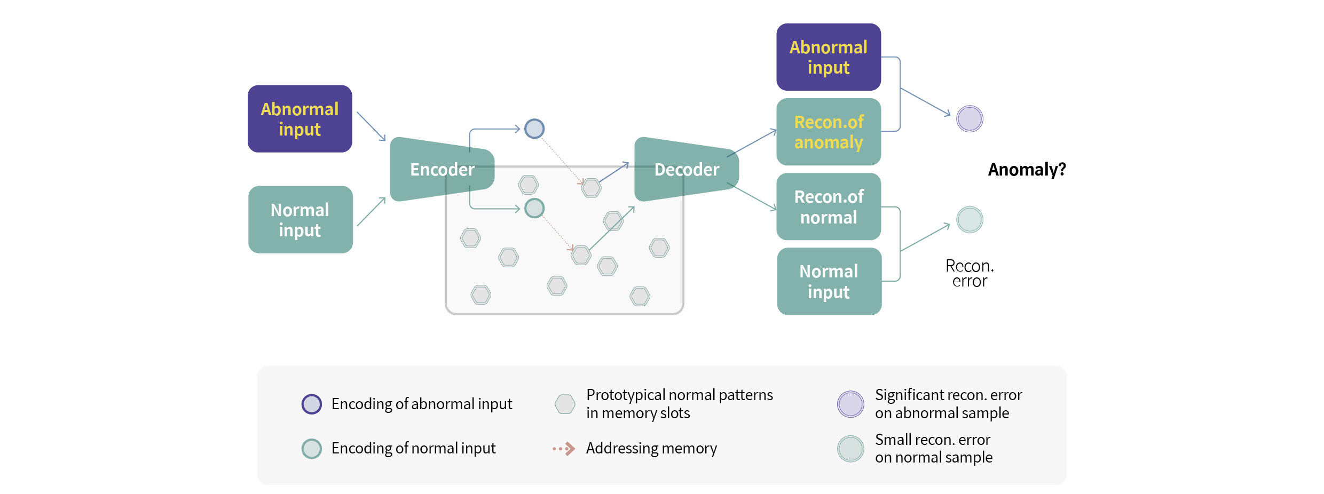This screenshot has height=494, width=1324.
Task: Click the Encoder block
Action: point(442,169)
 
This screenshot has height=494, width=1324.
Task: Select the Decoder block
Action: point(686,169)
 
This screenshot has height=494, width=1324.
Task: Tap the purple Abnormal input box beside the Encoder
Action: point(300,119)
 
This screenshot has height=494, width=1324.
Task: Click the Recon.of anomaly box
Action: point(828,132)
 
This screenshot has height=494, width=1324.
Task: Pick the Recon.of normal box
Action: point(828,206)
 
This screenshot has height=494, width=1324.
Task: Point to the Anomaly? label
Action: point(1026,170)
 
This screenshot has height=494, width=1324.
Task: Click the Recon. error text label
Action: point(970,273)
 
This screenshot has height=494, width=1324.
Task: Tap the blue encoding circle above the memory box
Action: point(534,129)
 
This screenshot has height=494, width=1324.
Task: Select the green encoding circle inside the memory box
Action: point(534,208)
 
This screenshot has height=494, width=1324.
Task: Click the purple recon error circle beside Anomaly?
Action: point(970,118)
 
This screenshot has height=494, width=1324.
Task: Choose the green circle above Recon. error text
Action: point(970,219)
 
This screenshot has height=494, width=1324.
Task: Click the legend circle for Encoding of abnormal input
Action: point(312,404)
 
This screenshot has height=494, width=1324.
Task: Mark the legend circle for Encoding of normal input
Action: point(312,449)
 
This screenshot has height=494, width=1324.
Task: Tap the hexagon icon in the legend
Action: point(565,404)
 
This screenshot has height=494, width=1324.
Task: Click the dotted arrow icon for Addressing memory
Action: point(564,449)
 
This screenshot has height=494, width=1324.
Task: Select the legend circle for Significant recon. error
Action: point(850,404)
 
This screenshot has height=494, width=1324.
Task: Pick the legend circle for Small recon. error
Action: point(850,449)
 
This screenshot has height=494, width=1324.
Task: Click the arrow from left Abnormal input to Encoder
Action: point(371,126)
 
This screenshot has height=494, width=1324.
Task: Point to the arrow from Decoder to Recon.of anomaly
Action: point(752,142)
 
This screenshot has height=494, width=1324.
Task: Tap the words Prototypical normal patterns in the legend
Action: point(679,395)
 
